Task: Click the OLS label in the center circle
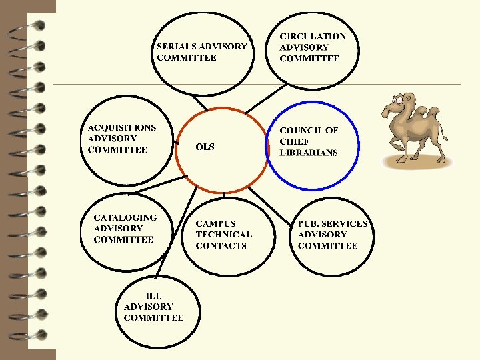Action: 205,147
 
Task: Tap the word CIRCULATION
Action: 313,36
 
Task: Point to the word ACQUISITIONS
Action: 122,127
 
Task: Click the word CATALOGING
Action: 125,217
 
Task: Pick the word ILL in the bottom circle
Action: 153,295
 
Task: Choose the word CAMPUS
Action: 215,223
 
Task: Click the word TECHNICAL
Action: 224,235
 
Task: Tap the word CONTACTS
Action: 221,245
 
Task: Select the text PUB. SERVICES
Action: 333,223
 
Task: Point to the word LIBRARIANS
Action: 309,153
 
